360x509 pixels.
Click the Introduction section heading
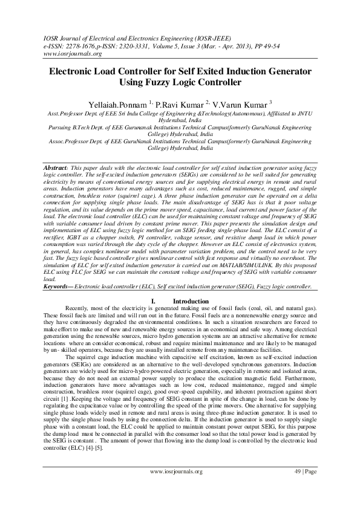(191, 301)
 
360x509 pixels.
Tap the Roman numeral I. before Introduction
(152, 301)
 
